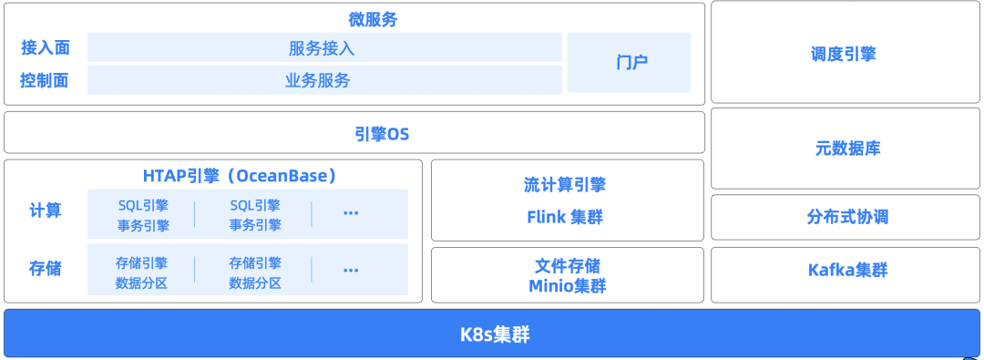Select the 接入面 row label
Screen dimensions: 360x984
click(45, 47)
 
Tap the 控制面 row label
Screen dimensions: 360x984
click(45, 80)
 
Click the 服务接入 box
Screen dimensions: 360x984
click(324, 47)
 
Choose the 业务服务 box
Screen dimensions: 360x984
click(324, 80)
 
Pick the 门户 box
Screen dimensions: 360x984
click(629, 63)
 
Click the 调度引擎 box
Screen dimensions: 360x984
click(843, 54)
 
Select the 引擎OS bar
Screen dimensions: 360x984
click(354, 133)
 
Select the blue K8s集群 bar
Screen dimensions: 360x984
click(493, 334)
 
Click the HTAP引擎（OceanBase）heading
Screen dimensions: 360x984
click(240, 176)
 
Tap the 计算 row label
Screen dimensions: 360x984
click(46, 211)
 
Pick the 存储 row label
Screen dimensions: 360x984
click(46, 269)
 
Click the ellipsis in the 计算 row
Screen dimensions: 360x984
click(351, 213)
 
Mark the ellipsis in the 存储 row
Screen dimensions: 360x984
click(351, 271)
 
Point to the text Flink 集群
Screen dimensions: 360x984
click(565, 217)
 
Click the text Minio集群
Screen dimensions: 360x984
click(567, 286)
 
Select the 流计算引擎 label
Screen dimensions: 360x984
click(565, 185)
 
